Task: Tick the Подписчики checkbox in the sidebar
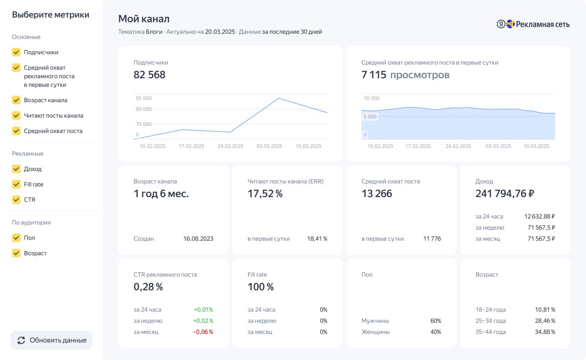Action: point(16,52)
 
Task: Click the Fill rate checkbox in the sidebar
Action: point(16,184)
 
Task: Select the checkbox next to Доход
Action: point(16,169)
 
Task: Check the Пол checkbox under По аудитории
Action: point(16,238)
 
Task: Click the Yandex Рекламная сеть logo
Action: point(533,24)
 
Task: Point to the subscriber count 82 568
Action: point(149,75)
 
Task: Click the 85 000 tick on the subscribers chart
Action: point(144,98)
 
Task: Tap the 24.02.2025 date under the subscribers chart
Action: point(230,146)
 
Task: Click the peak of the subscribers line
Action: point(279,98)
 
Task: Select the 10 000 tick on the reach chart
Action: point(371,98)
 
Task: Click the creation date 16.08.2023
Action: point(198,239)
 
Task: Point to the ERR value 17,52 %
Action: point(265,194)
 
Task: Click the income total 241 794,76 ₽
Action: point(505,194)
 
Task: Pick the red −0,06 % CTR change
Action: point(203,332)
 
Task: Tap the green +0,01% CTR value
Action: point(203,310)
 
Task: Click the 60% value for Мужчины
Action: point(435,321)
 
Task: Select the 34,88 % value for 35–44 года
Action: point(545,332)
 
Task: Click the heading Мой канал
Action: point(144,19)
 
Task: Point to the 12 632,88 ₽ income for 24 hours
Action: point(539,216)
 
